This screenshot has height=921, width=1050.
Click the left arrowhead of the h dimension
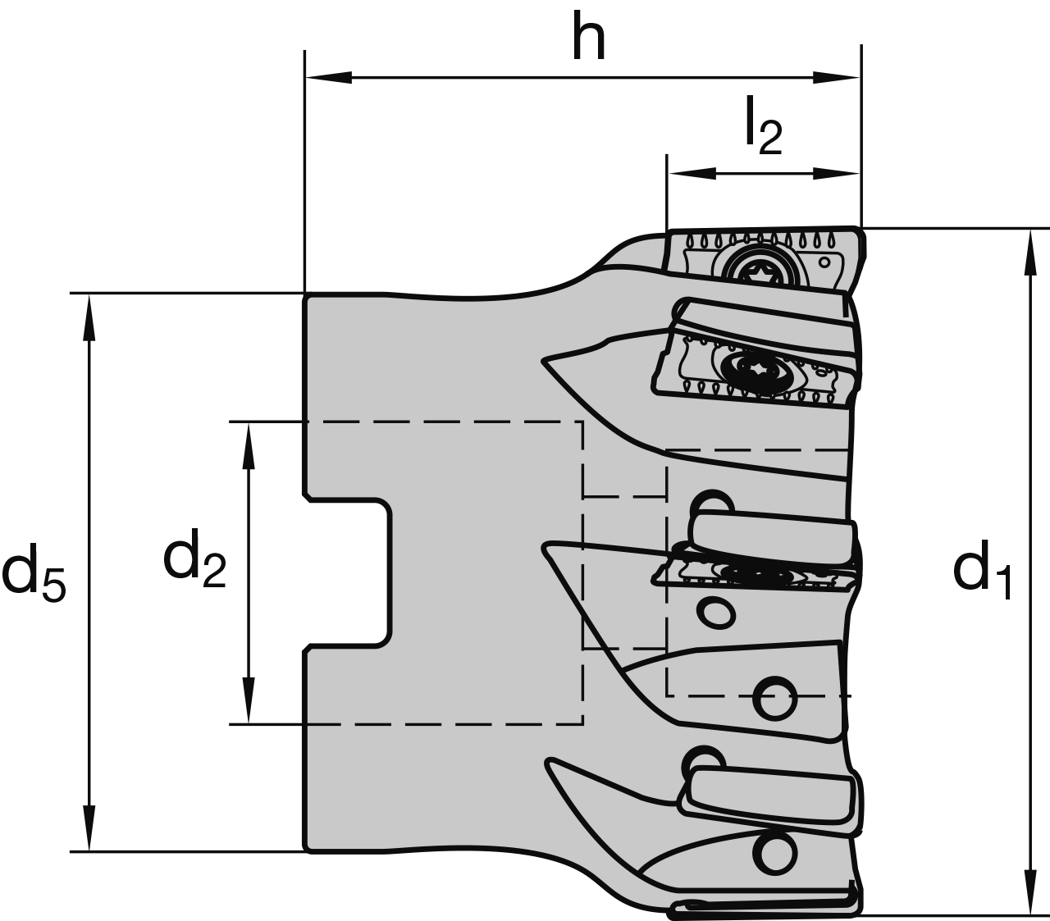(328, 78)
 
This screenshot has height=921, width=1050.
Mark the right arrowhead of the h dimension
(837, 78)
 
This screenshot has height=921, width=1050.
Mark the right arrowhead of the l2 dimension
(837, 173)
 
